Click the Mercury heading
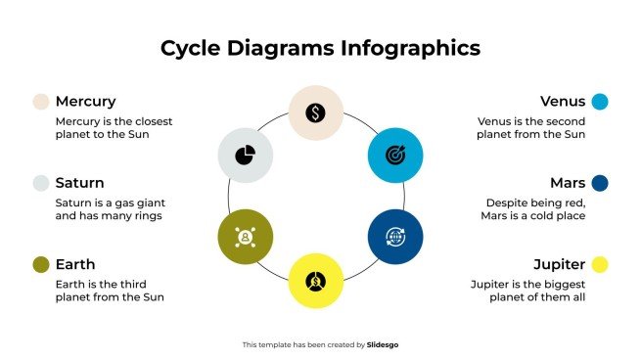coord(85,102)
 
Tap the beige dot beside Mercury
coord(41,102)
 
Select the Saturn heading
coord(79,183)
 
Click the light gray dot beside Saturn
coord(41,183)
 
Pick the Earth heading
coord(75,264)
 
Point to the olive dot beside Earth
coord(41,264)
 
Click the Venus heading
coord(563,102)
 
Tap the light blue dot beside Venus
coord(600,102)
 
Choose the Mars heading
coord(568,183)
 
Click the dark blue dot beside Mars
coord(600,183)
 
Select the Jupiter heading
coord(559,264)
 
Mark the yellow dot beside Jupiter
coord(600,264)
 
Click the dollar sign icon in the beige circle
coord(316,113)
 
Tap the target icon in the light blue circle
coord(395,155)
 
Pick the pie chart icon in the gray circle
coord(245,155)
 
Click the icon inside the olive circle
coord(245,236)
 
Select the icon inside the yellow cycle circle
coord(316,279)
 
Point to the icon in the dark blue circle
coord(395,236)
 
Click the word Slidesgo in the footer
coord(383,344)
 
